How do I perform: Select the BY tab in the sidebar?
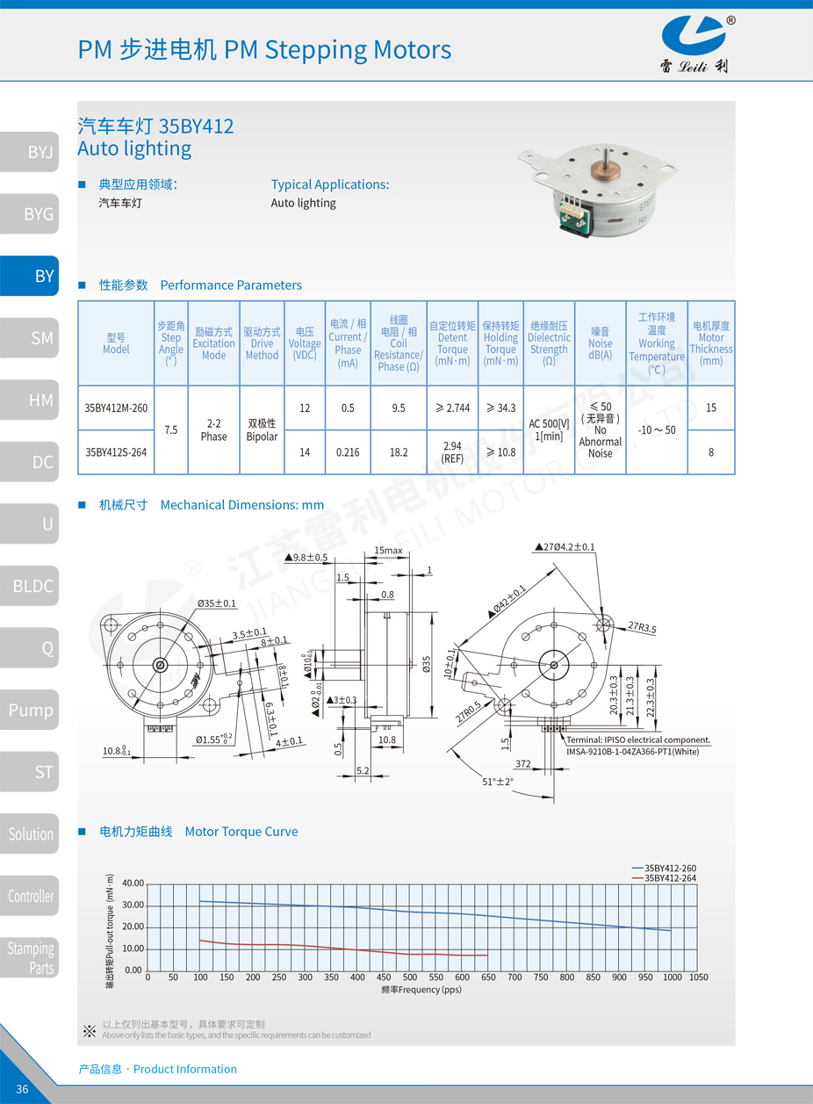(30, 276)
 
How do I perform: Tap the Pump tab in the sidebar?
(30, 710)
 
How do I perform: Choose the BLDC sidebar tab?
(30, 586)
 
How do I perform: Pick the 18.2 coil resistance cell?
(399, 452)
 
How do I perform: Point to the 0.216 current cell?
(348, 452)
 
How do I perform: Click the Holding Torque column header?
(500, 343)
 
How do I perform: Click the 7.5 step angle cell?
(171, 429)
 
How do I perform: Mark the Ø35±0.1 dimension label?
(216, 603)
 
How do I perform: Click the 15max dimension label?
(388, 551)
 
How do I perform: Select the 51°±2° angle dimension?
(497, 782)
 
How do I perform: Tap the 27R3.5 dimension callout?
(642, 628)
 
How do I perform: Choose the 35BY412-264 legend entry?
(670, 878)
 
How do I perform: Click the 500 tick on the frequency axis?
(410, 978)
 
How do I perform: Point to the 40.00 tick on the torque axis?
(133, 884)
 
